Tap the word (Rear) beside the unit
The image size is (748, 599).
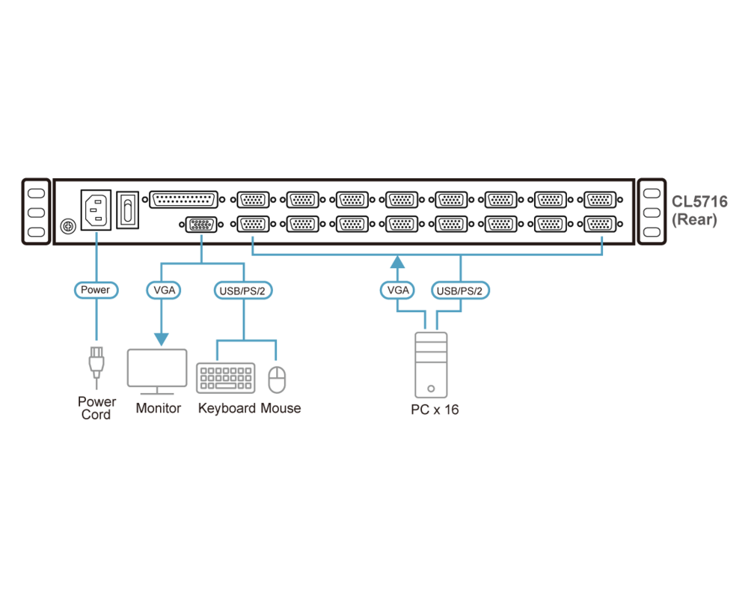(x=694, y=219)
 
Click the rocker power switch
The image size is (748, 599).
(x=129, y=210)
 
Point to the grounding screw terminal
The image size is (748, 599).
(x=67, y=226)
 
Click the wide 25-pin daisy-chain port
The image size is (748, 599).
(x=183, y=200)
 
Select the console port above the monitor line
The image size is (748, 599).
(x=200, y=225)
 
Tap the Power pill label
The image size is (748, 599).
(x=95, y=290)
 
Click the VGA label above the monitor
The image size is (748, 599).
(x=162, y=290)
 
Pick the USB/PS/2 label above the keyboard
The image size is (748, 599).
(x=243, y=290)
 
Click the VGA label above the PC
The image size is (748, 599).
(x=398, y=290)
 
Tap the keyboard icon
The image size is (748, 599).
(x=225, y=378)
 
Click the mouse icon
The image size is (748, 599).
(x=278, y=379)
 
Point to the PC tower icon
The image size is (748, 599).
(x=431, y=365)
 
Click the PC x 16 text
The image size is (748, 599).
(x=435, y=410)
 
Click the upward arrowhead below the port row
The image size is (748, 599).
(x=398, y=261)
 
